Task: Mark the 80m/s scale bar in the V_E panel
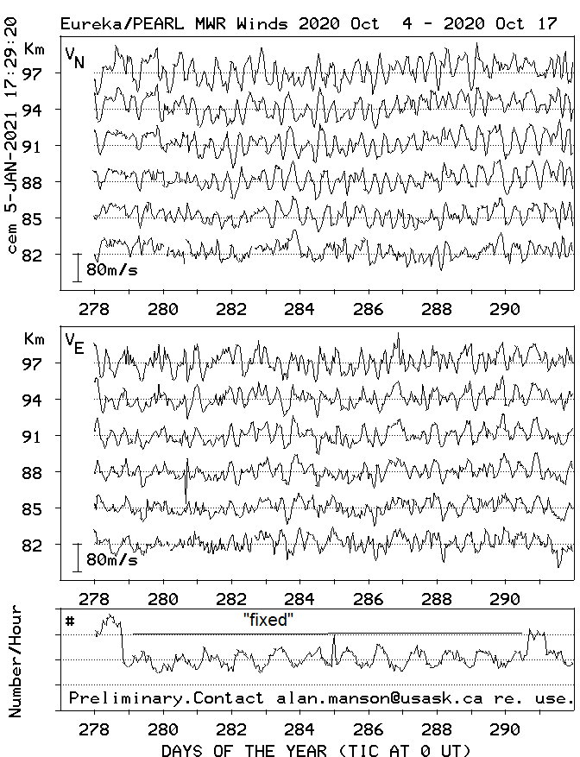pos(77,558)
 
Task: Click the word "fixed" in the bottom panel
pos(268,620)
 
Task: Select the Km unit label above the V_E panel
pos(35,338)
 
